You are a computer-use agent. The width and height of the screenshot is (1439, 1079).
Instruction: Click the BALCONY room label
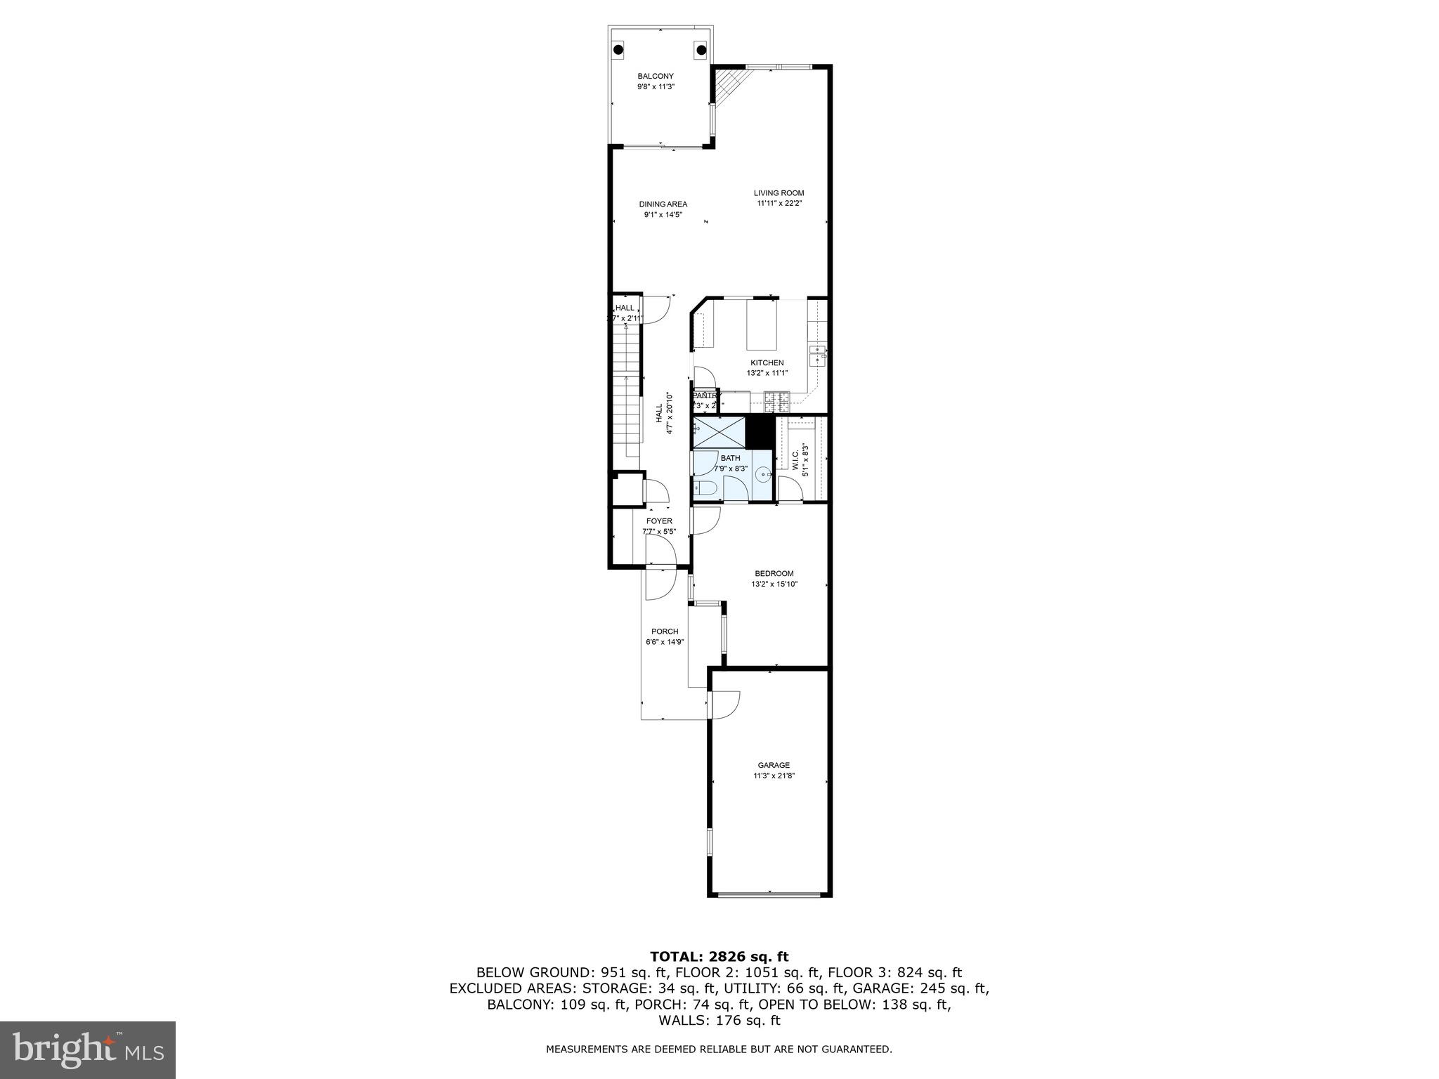(655, 76)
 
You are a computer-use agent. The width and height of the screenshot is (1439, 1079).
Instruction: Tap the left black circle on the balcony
(619, 50)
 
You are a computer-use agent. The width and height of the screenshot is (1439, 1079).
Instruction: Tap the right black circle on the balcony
(701, 49)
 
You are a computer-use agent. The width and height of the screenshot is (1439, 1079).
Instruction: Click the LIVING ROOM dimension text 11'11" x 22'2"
(779, 204)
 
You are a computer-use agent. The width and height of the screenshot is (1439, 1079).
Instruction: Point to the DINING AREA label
(663, 204)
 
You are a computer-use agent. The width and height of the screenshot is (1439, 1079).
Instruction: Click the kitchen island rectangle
(762, 325)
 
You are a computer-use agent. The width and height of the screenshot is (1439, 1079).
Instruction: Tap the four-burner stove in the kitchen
(777, 403)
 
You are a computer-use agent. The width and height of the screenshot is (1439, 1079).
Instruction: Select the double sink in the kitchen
(817, 355)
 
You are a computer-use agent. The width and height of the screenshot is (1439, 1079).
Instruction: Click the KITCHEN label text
(767, 363)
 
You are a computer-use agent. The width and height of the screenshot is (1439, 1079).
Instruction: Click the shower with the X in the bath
(719, 432)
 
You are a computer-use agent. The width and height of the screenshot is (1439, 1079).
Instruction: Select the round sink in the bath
(762, 476)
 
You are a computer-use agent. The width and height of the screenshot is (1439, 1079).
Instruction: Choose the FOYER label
(659, 521)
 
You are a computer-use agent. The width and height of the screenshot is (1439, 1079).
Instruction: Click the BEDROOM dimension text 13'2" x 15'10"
(774, 584)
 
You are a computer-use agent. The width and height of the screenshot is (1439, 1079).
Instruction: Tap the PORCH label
(664, 632)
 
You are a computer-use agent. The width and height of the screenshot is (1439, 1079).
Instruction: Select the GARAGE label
(773, 765)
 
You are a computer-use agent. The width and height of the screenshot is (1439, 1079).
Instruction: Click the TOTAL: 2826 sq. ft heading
(719, 956)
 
